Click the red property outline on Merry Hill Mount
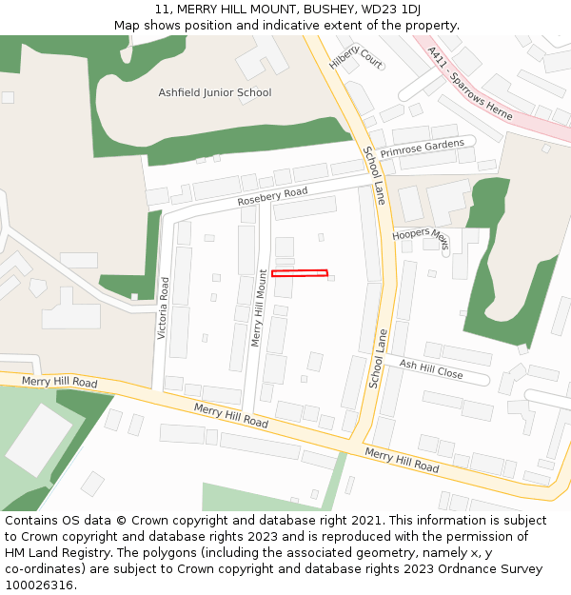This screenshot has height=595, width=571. pos(300,274)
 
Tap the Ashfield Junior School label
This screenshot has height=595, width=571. pos(214,92)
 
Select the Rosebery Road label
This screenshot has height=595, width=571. pos(272,197)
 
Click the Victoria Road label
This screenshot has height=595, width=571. pos(164,308)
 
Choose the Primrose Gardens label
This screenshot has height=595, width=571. pos(422,149)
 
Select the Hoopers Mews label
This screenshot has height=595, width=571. pos(421,238)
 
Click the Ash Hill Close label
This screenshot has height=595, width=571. pos(431,369)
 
